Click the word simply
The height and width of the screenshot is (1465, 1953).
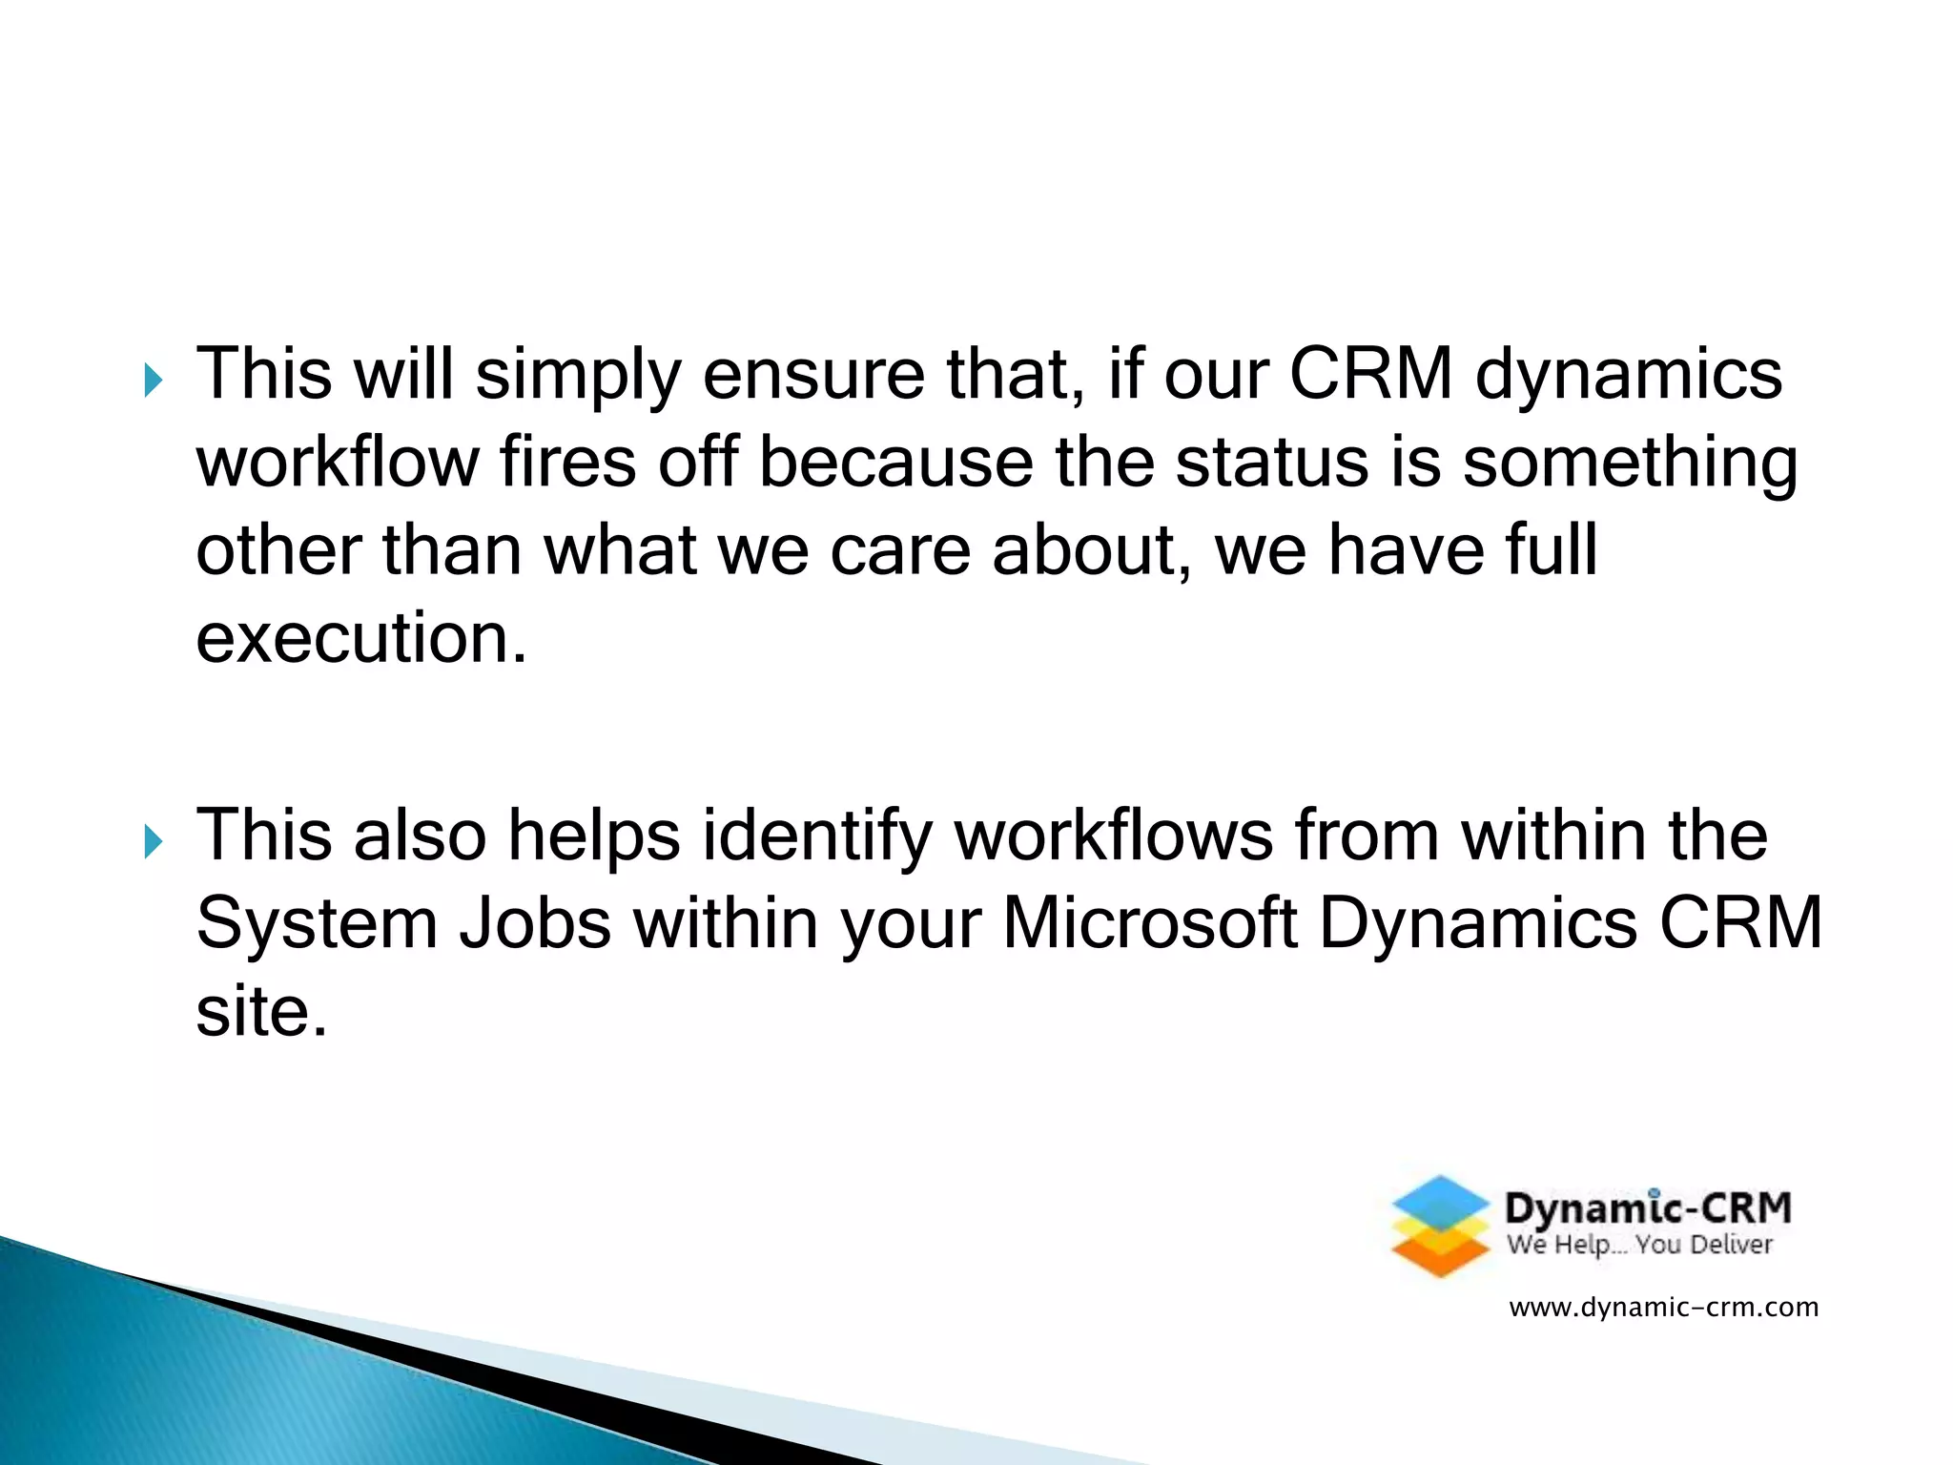[x=578, y=375]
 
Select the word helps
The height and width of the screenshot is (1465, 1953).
[x=594, y=836]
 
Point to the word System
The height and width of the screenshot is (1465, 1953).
[x=317, y=924]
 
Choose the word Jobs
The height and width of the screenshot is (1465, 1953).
[x=535, y=924]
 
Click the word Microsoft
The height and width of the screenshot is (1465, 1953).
[x=1149, y=924]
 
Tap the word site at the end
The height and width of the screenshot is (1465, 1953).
[x=260, y=1012]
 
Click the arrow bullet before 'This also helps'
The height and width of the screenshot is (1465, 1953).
[x=153, y=841]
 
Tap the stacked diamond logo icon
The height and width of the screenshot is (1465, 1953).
[x=1440, y=1227]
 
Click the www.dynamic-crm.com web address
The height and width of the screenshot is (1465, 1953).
[x=1663, y=1307]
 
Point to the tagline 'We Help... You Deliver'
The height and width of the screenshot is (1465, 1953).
[x=1639, y=1245]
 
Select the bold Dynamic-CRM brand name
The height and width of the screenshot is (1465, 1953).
[x=1648, y=1207]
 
